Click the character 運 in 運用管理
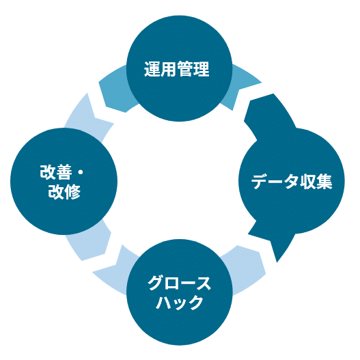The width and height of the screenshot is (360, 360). coord(152,69)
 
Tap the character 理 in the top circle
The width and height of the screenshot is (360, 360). coord(201,69)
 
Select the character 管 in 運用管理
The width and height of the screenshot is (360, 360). coord(185,69)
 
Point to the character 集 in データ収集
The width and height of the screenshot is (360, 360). coord(324,182)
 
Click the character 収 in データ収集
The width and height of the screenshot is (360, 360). coord(307,182)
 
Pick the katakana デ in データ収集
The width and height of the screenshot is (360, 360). coord(260,182)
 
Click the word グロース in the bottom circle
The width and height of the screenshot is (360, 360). coord(179,283)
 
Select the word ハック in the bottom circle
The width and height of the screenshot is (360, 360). coord(180,303)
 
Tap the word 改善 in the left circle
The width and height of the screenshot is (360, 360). coord(56,172)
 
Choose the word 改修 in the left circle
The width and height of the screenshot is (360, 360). coord(64,191)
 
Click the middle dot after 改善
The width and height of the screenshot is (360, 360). coord(80,172)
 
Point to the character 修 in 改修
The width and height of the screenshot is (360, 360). coord(72,191)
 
